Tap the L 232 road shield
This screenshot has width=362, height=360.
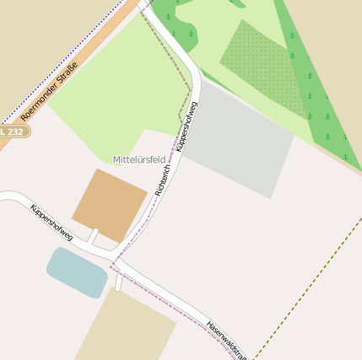13,132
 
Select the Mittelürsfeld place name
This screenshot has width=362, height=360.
139,159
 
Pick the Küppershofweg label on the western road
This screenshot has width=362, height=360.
51,223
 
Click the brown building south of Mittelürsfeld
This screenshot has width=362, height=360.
111,206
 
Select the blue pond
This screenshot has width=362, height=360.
77,271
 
